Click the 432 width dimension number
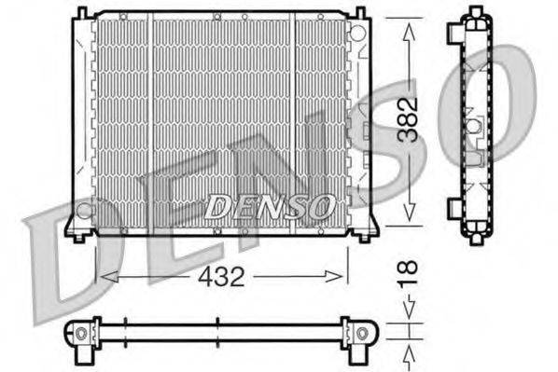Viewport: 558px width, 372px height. (223, 276)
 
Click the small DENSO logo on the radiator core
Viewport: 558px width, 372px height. (268, 203)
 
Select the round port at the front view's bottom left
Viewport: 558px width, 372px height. (84, 211)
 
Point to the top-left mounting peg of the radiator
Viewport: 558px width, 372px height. (82, 11)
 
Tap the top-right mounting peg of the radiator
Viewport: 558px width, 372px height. (357, 11)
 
